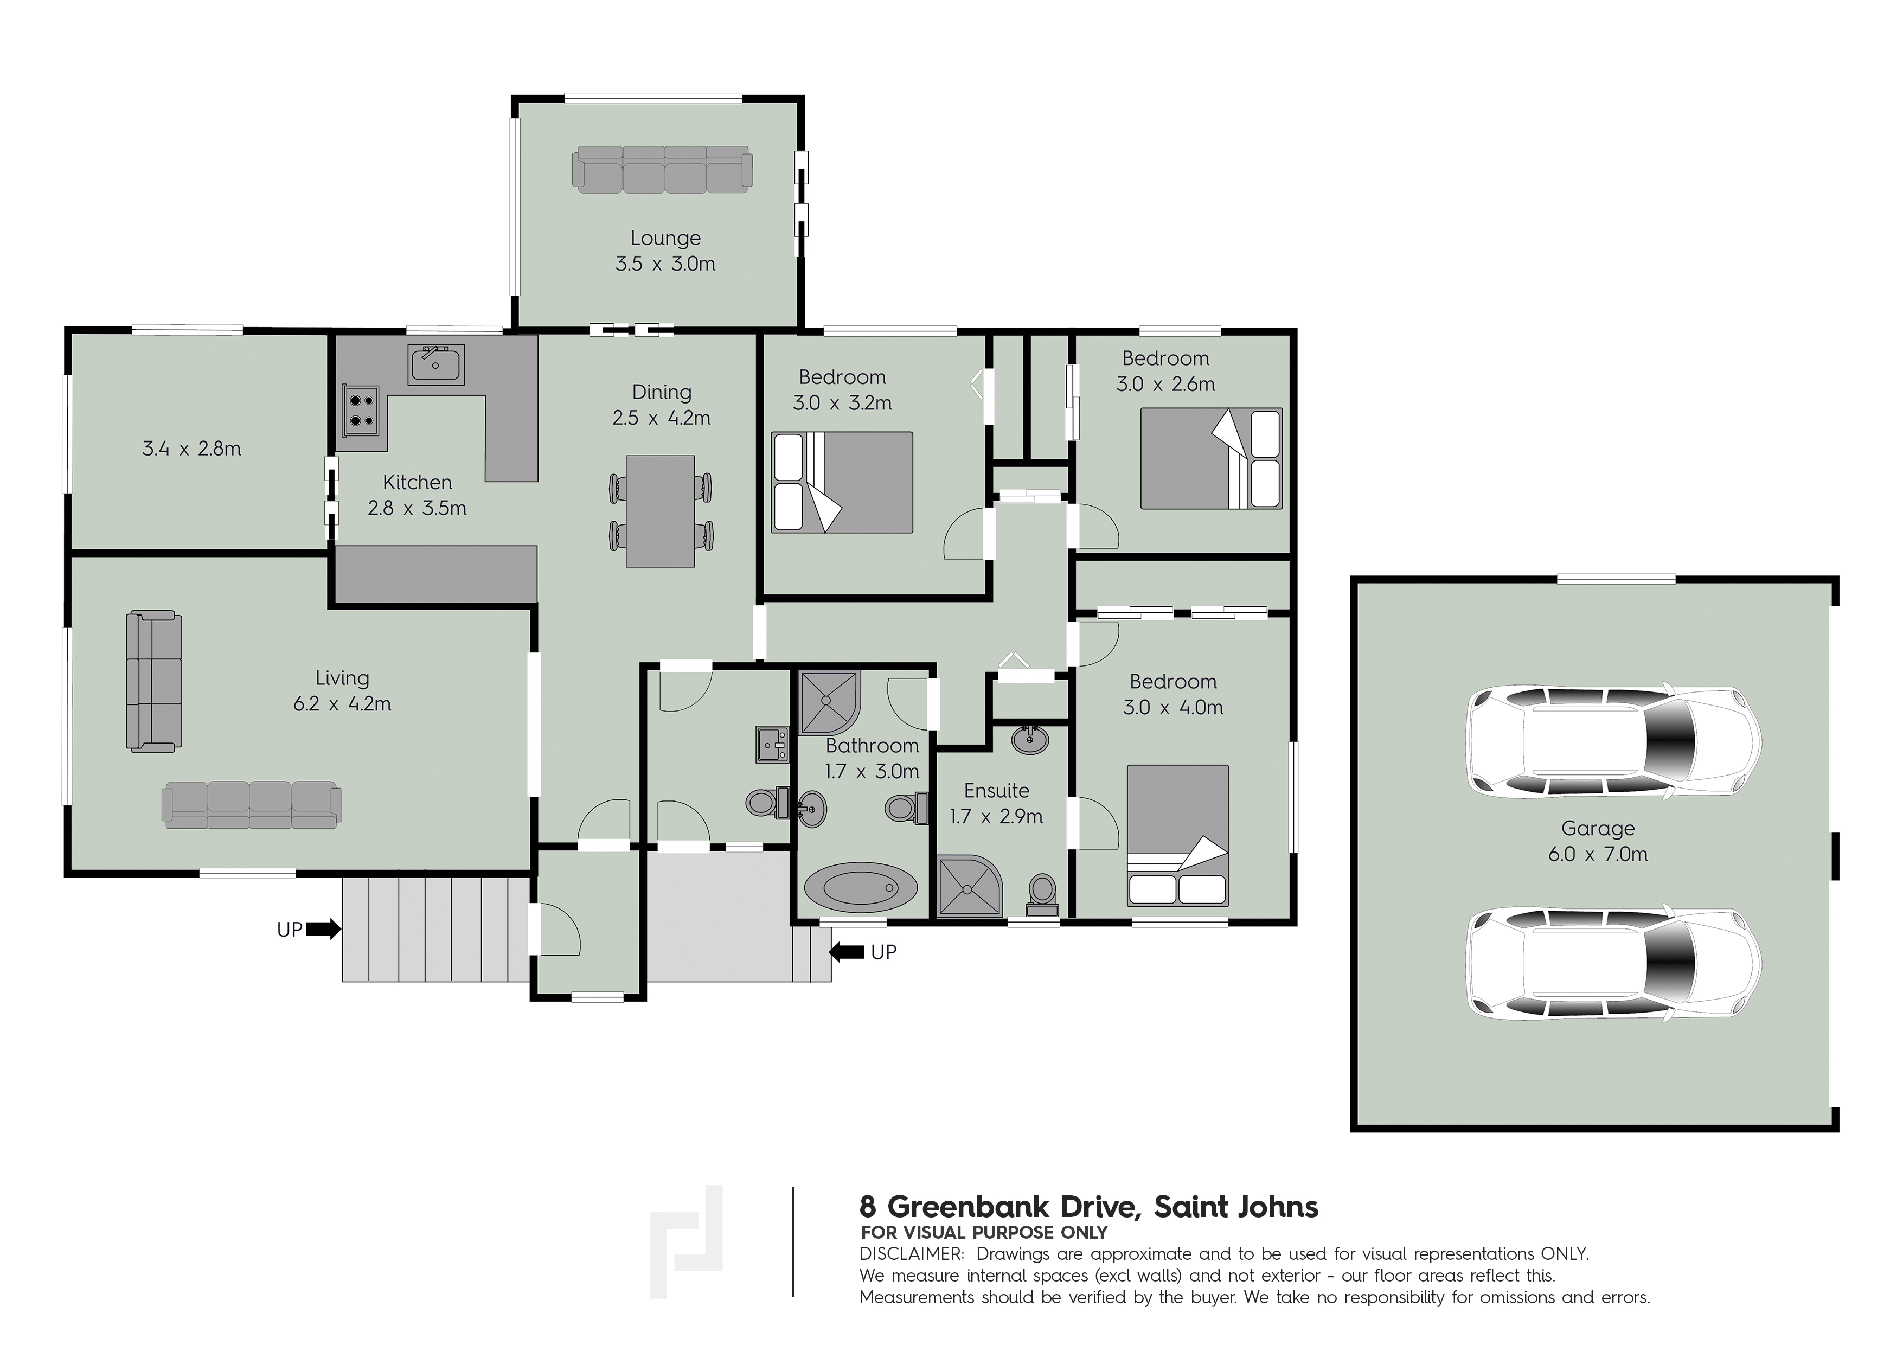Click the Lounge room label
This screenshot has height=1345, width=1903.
click(665, 239)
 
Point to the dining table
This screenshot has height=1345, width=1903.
click(660, 511)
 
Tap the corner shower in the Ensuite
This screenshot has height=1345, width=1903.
click(970, 886)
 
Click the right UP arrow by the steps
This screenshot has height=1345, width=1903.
click(846, 952)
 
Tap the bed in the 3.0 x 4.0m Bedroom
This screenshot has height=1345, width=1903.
click(1177, 835)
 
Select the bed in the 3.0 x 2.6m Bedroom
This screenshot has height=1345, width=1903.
click(1211, 458)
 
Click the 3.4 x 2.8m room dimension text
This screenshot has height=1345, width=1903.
click(191, 449)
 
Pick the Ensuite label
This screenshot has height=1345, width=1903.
click(996, 791)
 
